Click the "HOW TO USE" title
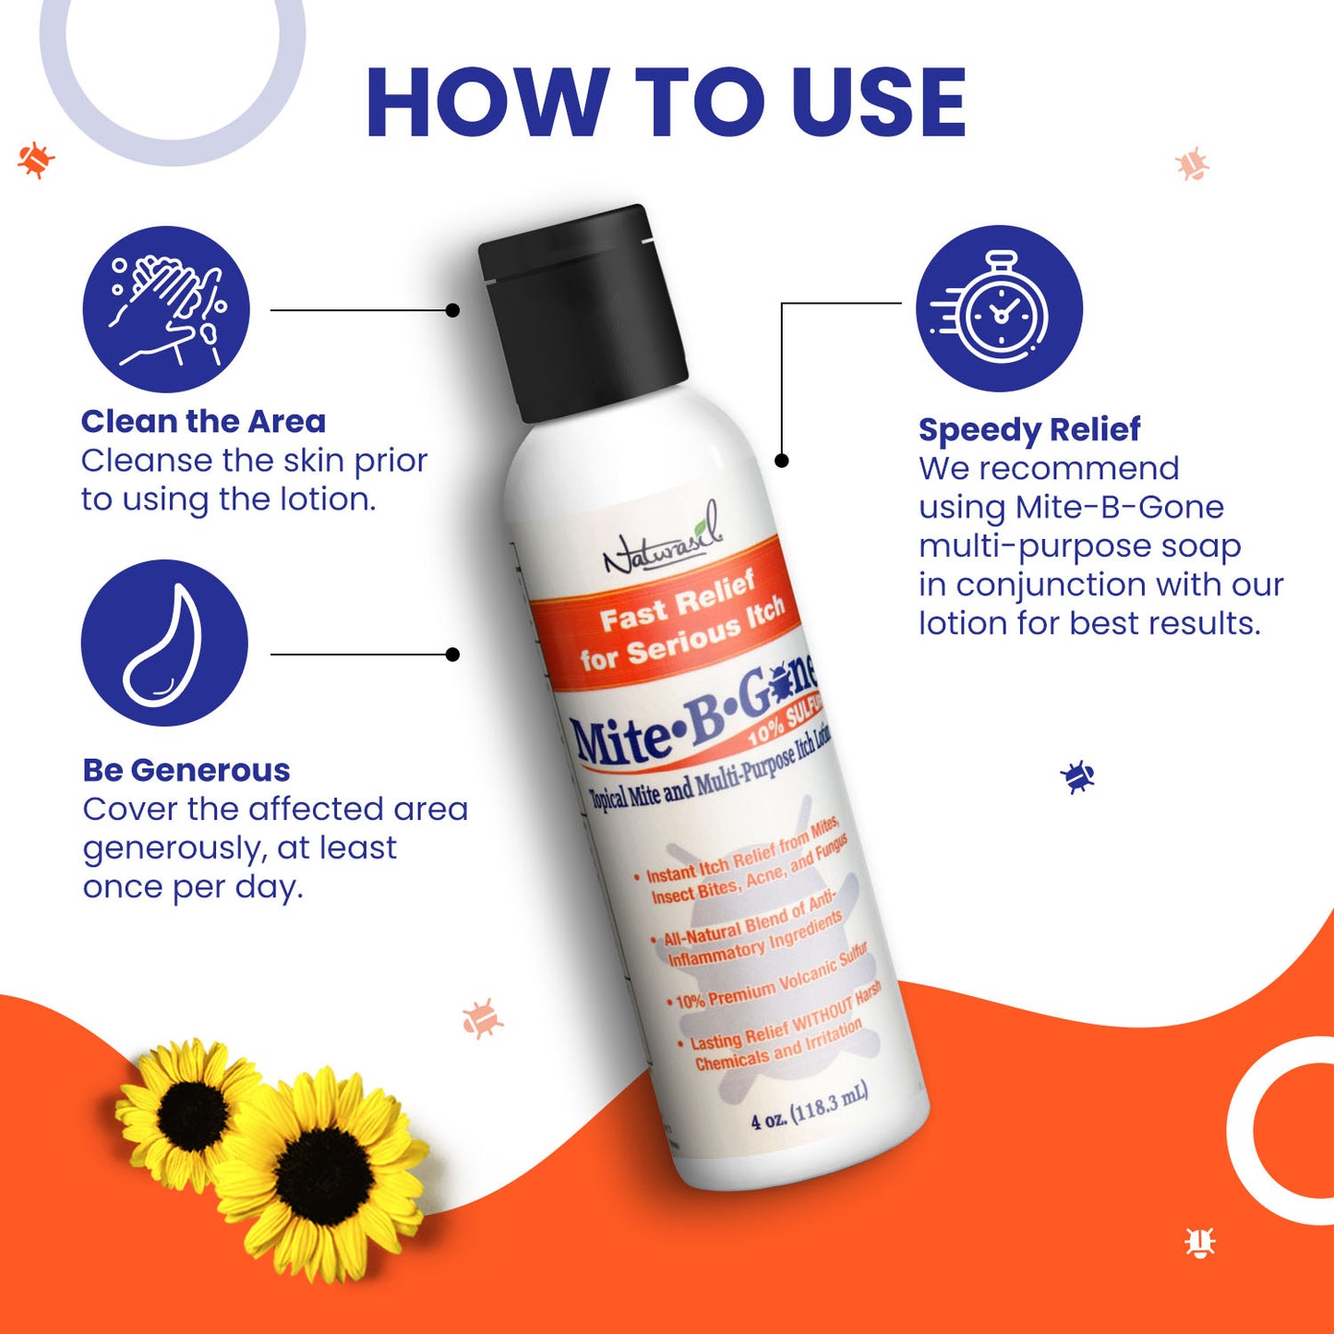click(666, 103)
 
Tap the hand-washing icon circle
click(166, 309)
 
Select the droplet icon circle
click(164, 643)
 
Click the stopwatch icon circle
click(999, 308)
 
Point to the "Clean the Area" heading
click(203, 422)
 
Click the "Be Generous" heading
click(186, 770)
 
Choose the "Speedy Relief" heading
click(1029, 429)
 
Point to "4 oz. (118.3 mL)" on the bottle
click(810, 1108)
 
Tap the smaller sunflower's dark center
click(192, 1111)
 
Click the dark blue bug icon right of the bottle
click(1076, 776)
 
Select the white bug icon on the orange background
click(1199, 1243)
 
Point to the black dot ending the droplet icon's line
click(452, 655)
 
